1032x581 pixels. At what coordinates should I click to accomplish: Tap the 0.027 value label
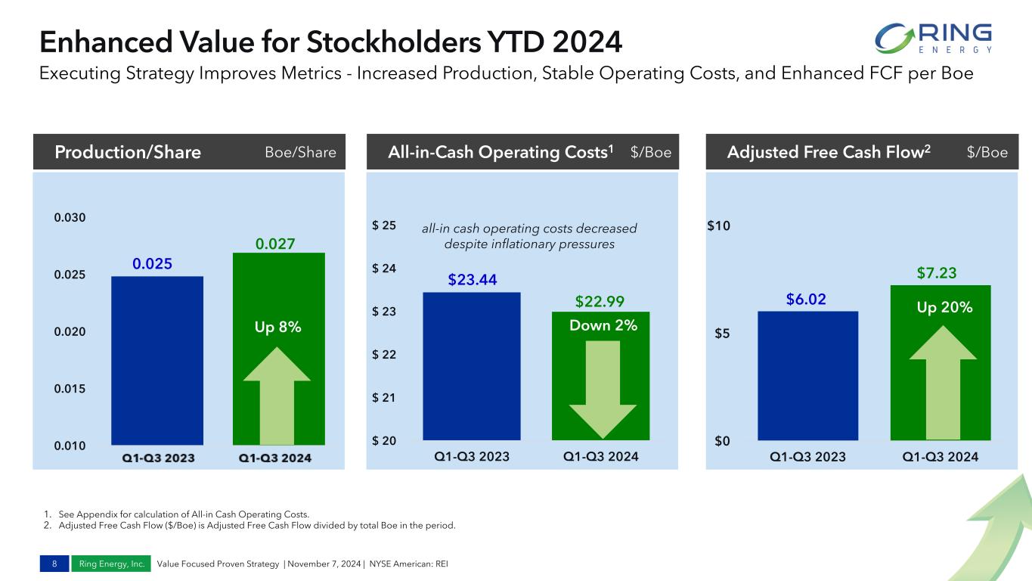pyautogui.click(x=274, y=244)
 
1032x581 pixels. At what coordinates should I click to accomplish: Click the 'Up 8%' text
pyautogui.click(x=278, y=327)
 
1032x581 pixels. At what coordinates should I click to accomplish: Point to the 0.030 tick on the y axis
pyautogui.click(x=70, y=218)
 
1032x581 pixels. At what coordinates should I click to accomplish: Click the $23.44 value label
pyautogui.click(x=473, y=280)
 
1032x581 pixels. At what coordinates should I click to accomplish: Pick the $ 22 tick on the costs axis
pyautogui.click(x=385, y=355)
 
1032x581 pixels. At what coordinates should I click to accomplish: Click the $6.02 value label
pyautogui.click(x=806, y=300)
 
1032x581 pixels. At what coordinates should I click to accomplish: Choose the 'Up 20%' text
pyautogui.click(x=944, y=308)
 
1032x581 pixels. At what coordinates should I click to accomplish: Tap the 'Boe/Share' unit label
pyautogui.click(x=300, y=153)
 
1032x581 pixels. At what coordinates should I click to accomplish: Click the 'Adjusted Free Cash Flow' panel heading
pyautogui.click(x=829, y=153)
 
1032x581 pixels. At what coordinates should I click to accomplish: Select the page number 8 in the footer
pyautogui.click(x=54, y=564)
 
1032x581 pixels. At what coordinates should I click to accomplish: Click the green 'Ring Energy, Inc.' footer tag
pyautogui.click(x=111, y=564)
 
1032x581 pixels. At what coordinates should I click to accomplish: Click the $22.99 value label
pyautogui.click(x=600, y=302)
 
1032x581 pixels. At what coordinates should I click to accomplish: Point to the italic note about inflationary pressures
pyautogui.click(x=529, y=236)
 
